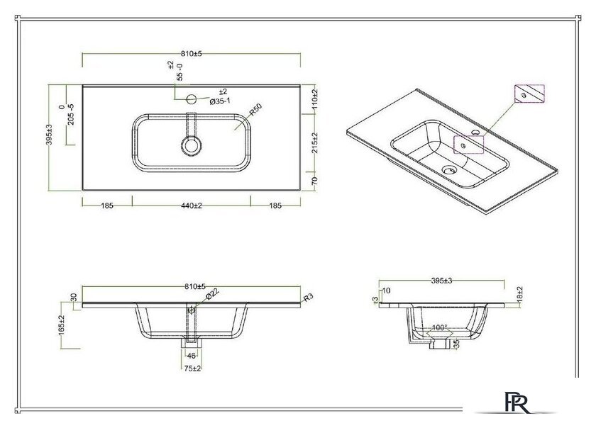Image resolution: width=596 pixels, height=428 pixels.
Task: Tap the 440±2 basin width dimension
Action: [x=191, y=205]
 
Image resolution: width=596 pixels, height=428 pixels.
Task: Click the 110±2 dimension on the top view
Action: [x=314, y=99]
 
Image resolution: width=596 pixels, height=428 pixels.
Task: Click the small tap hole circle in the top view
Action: [x=192, y=96]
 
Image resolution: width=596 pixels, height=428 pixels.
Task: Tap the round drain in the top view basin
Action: [x=191, y=146]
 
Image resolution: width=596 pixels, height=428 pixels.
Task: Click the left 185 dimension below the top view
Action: [x=107, y=205]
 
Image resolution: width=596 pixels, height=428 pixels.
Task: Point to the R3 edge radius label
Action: [x=308, y=298]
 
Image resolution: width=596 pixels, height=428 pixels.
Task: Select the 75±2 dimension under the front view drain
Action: [x=191, y=368]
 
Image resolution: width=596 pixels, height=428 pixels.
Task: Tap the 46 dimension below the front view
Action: [x=191, y=355]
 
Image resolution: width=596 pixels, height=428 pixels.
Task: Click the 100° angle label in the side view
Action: [x=440, y=328]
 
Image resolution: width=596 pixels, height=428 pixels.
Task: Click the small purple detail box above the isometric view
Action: [x=527, y=94]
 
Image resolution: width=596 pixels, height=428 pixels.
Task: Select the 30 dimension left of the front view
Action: [x=72, y=297]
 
